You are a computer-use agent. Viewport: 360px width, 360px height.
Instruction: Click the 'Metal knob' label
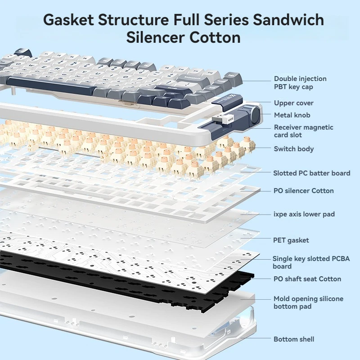tap(292, 115)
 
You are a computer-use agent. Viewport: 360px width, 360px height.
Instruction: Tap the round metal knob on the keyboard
tap(255, 113)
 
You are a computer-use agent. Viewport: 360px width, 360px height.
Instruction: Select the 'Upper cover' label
tap(294, 103)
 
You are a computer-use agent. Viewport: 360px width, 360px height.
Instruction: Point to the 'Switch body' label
tap(294, 149)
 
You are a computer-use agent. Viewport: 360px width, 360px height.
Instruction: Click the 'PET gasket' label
tap(291, 240)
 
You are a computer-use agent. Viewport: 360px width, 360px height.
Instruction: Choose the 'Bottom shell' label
tap(294, 339)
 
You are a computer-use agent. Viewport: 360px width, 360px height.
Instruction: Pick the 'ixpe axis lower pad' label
tap(304, 214)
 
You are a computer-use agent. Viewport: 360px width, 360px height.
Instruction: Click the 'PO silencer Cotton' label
tap(303, 191)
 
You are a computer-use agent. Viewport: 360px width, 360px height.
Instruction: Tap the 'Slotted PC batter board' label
tap(311, 173)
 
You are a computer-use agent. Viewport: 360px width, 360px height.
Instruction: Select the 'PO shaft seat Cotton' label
tap(307, 279)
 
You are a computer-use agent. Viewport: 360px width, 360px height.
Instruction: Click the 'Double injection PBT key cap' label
tap(300, 83)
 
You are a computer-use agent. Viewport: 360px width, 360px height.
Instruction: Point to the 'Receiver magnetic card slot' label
tap(303, 131)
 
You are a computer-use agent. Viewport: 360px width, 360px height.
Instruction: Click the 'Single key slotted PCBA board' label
tap(311, 262)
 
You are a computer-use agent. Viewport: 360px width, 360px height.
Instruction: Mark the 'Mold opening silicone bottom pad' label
tap(308, 302)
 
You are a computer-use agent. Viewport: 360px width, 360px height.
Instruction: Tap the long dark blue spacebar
tap(51, 85)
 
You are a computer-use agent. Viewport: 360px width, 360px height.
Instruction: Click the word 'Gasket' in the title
tap(68, 20)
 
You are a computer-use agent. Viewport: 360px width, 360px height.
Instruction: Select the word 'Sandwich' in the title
tap(288, 20)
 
